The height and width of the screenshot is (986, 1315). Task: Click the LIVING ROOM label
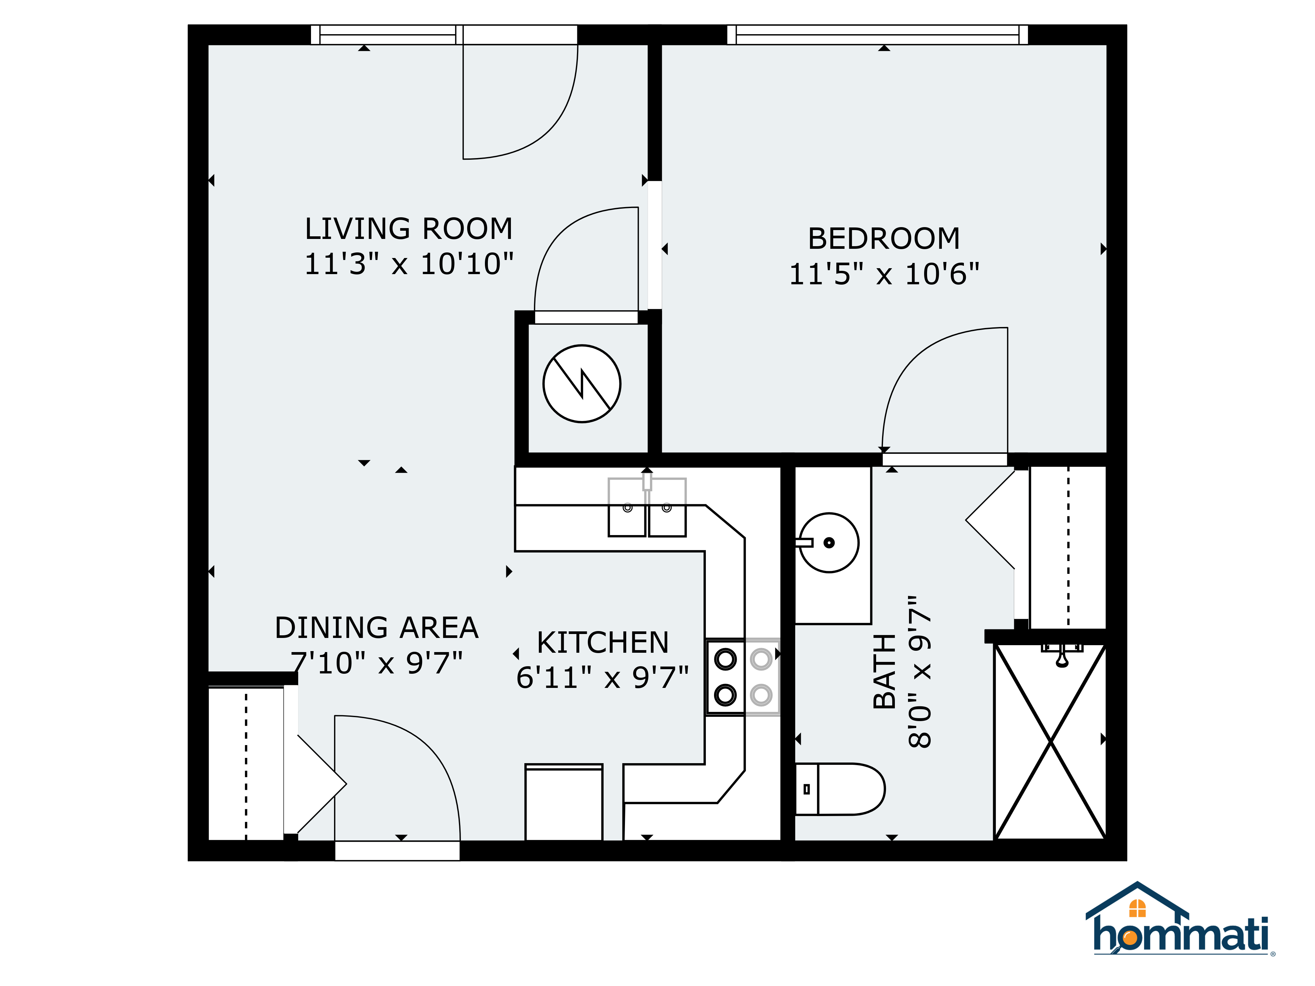tap(408, 229)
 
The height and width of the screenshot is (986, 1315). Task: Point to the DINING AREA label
tap(376, 628)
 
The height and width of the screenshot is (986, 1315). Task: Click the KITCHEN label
tap(603, 643)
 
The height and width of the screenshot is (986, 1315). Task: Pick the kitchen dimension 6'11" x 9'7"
tap(602, 677)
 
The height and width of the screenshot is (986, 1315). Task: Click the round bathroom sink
tap(828, 543)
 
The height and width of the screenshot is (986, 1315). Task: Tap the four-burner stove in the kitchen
tap(743, 677)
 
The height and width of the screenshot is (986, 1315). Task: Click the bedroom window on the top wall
tap(877, 35)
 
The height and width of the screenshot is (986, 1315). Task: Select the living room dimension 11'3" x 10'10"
tap(408, 264)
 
